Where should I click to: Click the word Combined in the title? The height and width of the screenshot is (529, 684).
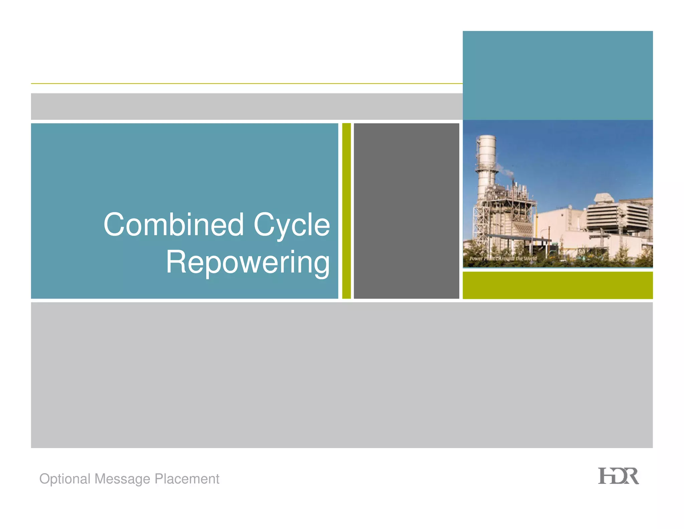click(x=173, y=225)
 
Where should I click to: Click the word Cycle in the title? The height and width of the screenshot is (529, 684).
click(x=292, y=225)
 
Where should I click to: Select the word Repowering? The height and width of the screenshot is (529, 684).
click(x=248, y=262)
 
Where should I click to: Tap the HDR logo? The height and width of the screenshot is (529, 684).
click(x=618, y=476)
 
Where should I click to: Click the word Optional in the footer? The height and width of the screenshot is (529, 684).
click(x=65, y=479)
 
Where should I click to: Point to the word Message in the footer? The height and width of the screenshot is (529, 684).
click(x=122, y=479)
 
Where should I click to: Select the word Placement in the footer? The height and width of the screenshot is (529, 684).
click(x=187, y=479)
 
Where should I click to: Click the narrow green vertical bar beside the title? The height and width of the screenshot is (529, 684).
click(x=346, y=211)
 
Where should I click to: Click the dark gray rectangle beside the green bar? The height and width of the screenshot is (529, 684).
click(x=406, y=211)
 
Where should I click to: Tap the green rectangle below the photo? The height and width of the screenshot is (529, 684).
click(x=557, y=285)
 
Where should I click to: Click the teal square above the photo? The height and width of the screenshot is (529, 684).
click(x=557, y=75)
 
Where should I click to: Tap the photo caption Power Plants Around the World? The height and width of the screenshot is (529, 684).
click(x=503, y=258)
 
